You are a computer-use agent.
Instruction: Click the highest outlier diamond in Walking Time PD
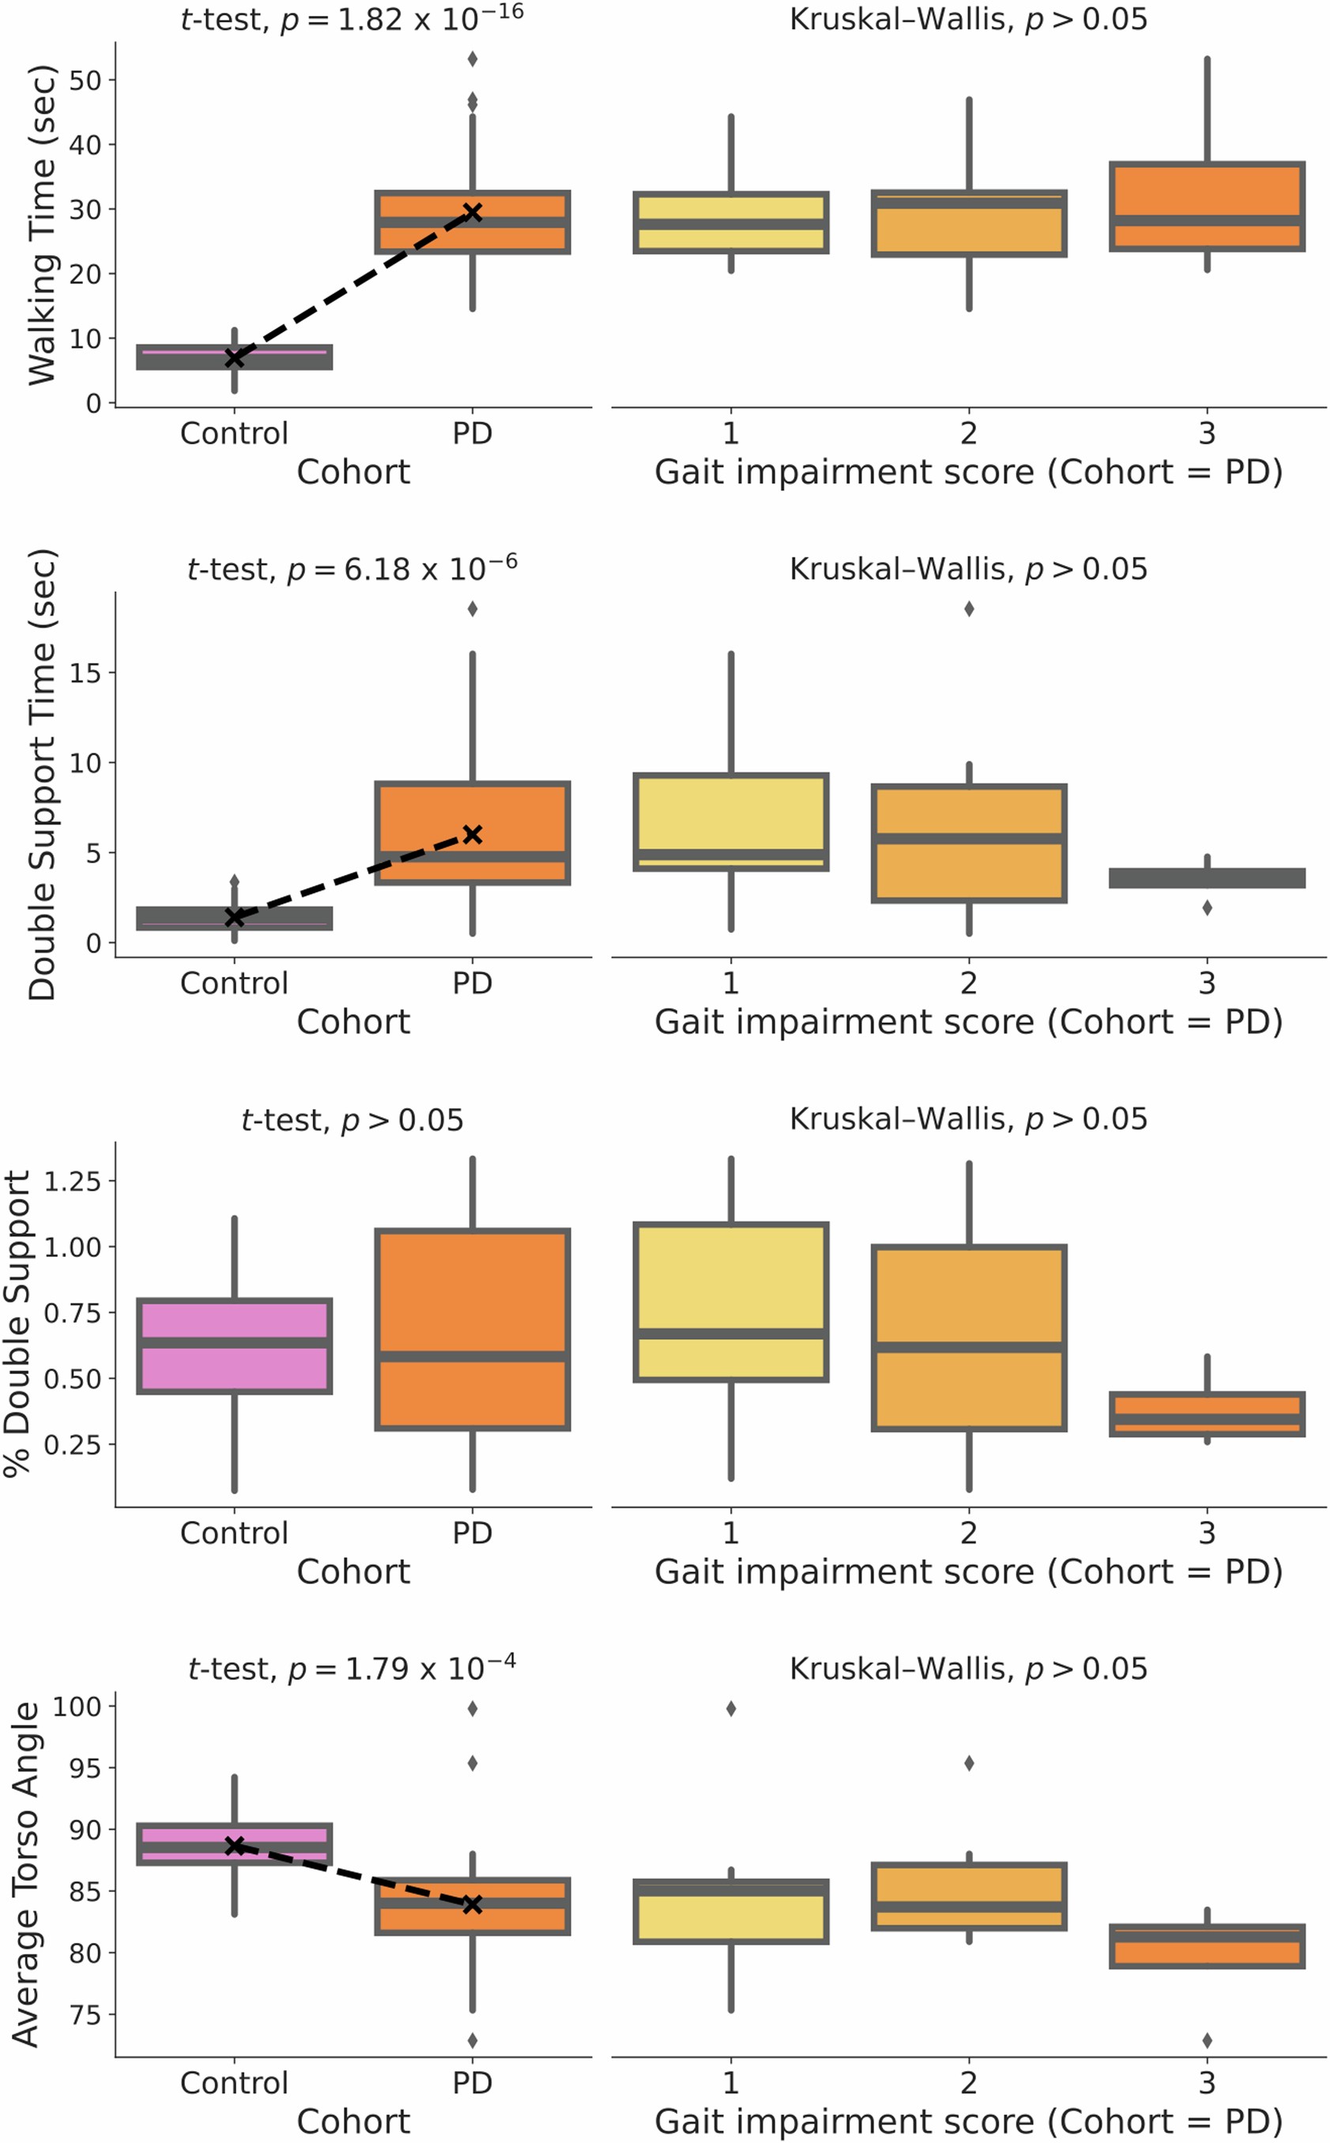pyautogui.click(x=473, y=59)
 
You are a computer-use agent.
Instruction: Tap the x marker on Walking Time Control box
pyautogui.click(x=234, y=357)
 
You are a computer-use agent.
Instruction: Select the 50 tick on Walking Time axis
pyautogui.click(x=86, y=80)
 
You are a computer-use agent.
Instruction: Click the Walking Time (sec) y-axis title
pyautogui.click(x=41, y=225)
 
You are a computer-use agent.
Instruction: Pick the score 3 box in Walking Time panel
pyautogui.click(x=1207, y=206)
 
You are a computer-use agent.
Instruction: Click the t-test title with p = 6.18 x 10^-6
pyautogui.click(x=352, y=569)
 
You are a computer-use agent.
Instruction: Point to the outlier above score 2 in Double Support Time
pyautogui.click(x=970, y=609)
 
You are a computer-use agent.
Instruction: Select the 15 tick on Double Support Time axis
pyautogui.click(x=86, y=673)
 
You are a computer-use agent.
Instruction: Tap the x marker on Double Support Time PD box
pyautogui.click(x=473, y=834)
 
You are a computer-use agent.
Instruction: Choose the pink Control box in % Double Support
pyautogui.click(x=234, y=1346)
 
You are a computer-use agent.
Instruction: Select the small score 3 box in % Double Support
pyautogui.click(x=1207, y=1413)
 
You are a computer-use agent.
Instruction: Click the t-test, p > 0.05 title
pyautogui.click(x=352, y=1120)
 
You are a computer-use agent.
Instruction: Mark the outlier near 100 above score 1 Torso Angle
pyautogui.click(x=731, y=1708)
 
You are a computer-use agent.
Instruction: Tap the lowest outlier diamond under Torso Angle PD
pyautogui.click(x=473, y=2040)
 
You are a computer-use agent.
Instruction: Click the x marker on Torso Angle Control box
pyautogui.click(x=234, y=1846)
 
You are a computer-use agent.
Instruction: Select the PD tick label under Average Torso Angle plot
pyautogui.click(x=473, y=2083)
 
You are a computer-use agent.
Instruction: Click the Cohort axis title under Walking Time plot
pyautogui.click(x=352, y=473)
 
